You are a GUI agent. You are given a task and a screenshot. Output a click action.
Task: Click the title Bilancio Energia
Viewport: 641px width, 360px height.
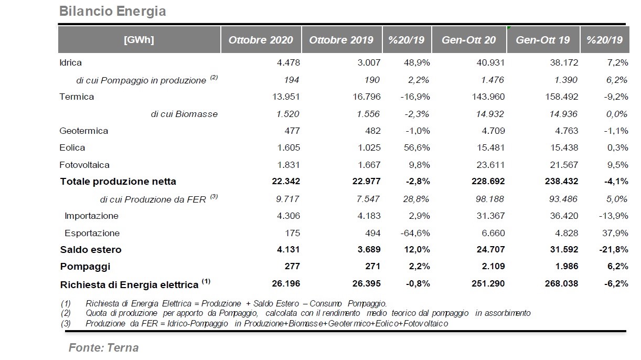coord(112,12)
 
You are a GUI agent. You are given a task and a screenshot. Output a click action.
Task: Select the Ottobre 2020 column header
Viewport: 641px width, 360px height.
coord(261,40)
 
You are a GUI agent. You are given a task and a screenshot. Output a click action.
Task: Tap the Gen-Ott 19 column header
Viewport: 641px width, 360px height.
coord(543,40)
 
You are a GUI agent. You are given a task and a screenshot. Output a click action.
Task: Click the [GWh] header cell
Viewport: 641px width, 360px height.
coord(139,39)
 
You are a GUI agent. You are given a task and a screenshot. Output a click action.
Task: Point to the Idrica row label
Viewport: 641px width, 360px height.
coord(70,62)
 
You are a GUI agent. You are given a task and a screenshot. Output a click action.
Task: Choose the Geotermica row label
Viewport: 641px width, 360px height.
coord(83,131)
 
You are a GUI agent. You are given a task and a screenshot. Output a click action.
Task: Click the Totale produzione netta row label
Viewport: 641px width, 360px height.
coord(118,181)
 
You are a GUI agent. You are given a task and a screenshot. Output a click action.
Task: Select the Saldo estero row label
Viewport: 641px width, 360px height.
coord(91,249)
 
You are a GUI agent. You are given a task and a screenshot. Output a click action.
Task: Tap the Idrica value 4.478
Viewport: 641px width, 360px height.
coord(289,62)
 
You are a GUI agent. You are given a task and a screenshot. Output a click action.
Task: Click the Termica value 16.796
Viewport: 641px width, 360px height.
coord(367,97)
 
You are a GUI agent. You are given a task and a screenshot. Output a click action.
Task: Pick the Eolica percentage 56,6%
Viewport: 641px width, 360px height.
coord(417,147)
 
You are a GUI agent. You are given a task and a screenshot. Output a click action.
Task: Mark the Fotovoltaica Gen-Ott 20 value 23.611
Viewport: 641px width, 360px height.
coord(490,165)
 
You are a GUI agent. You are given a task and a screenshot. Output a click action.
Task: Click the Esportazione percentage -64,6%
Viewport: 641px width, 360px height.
coord(415,233)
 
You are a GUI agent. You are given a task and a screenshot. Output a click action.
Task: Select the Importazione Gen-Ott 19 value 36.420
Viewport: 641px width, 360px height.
coord(564,216)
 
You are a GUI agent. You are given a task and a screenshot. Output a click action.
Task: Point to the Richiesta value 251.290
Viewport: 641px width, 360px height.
coord(488,283)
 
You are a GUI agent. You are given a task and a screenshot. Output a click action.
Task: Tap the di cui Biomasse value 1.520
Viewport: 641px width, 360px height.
coord(287,114)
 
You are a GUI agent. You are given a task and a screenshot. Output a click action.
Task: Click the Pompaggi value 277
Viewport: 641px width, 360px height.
coord(292,266)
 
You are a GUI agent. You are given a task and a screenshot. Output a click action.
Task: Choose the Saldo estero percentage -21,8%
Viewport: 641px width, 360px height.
coord(614,249)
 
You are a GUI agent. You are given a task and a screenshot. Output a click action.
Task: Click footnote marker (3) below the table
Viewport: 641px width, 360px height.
coord(66,323)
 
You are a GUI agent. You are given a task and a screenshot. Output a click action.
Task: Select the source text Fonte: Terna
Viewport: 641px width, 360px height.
coord(103,348)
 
